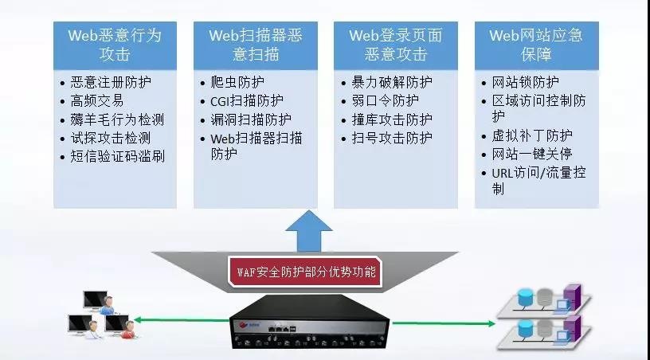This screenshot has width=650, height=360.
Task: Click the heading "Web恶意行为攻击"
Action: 114,45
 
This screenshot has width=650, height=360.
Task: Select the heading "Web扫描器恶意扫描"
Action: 256,45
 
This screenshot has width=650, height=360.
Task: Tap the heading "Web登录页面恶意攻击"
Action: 396,45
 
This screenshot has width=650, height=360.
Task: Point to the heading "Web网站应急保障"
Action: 536,45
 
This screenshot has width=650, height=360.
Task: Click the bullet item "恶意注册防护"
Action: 116,82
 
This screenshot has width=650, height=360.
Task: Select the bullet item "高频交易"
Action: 97,101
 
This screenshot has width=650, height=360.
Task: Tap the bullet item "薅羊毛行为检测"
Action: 116,119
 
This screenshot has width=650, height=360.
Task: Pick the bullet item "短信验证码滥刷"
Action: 116,156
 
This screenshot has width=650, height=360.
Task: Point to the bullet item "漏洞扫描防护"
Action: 251,119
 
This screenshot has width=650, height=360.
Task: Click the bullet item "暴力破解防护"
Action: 391,82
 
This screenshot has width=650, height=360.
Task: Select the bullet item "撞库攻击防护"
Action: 391,119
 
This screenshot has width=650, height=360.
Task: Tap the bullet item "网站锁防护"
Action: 525,82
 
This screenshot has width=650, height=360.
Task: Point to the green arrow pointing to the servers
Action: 444,323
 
